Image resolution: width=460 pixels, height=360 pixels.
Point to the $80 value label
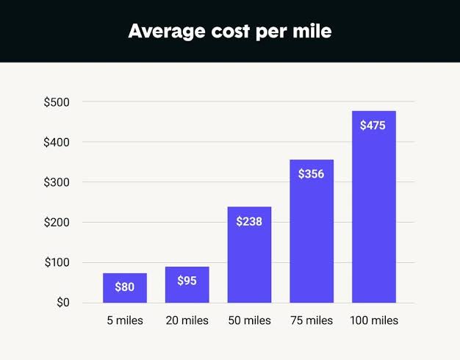pos(125,287)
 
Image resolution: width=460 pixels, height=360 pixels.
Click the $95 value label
pos(187,280)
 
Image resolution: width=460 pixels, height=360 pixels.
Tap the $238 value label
pos(249,220)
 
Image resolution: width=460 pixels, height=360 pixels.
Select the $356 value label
pos(312,174)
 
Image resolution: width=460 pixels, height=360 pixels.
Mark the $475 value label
pos(373,126)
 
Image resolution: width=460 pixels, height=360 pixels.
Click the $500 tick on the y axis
pos(57,101)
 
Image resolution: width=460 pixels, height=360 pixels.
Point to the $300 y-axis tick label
pos(57,182)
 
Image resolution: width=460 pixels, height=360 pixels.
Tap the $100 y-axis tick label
pos(57,262)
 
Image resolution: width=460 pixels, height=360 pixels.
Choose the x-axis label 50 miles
pos(248,321)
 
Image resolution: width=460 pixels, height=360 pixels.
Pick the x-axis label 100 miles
pos(374,321)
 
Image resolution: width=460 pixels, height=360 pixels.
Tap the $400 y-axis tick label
pos(57,142)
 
